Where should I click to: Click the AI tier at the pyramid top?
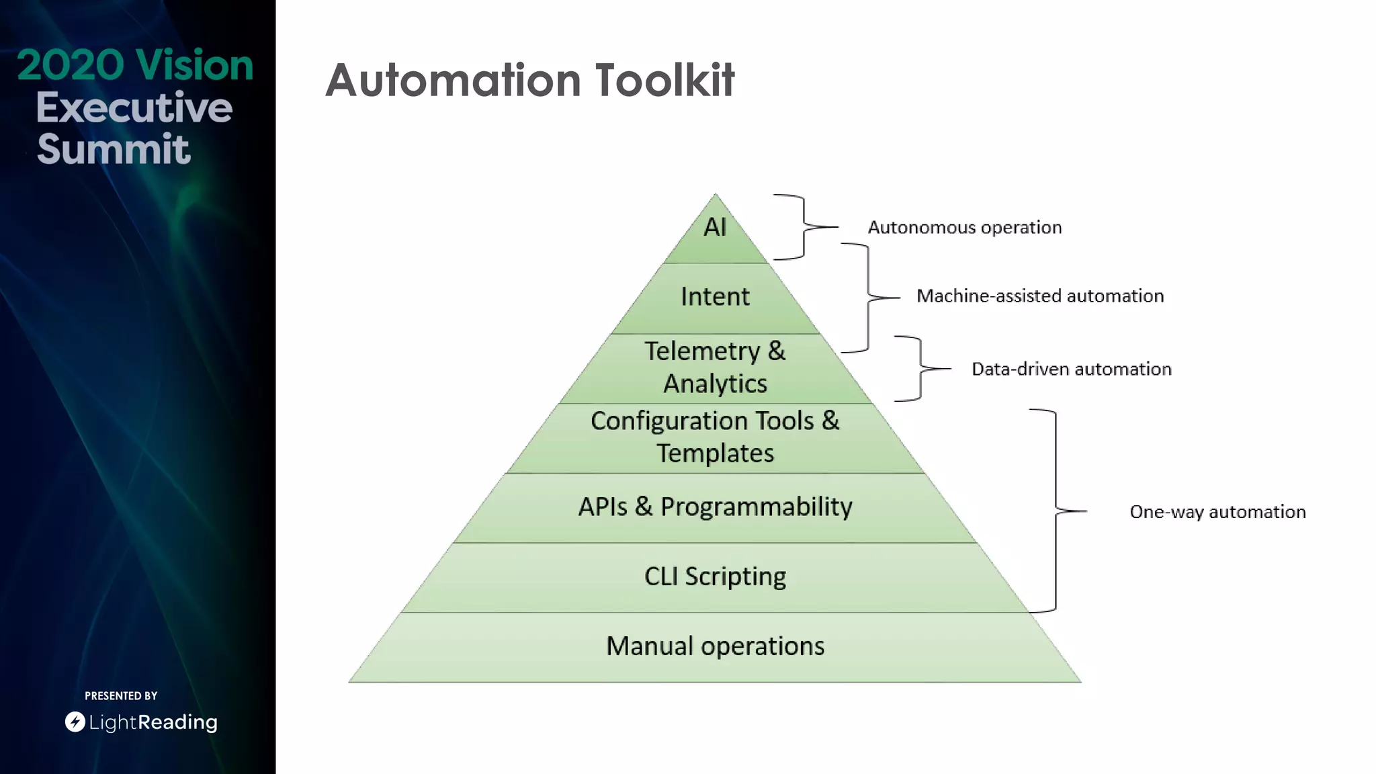715,228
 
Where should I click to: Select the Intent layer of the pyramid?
715,297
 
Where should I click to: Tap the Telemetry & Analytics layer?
715,368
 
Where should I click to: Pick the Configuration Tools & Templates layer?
715,437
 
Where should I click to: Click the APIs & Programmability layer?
715,507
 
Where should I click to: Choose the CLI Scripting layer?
715,577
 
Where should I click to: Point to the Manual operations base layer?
715,646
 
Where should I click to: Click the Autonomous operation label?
964,228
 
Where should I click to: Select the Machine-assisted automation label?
1039,296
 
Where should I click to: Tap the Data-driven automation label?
1071,369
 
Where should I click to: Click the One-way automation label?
1217,512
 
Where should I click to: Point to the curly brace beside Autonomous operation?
804,227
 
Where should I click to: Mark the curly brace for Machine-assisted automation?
867,297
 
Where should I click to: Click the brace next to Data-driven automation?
920,368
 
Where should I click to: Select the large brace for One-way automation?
1056,511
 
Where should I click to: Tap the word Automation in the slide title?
453,81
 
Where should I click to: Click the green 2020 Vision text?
135,65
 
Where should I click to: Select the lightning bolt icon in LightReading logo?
75,722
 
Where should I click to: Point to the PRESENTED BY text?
121,696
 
